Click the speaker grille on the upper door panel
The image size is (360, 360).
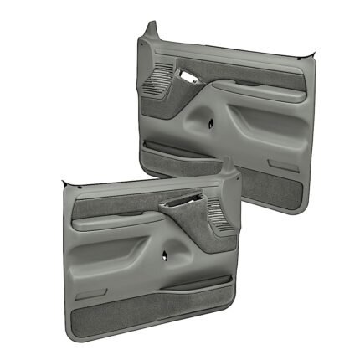[156, 82]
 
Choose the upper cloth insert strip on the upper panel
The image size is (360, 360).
[251, 76]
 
